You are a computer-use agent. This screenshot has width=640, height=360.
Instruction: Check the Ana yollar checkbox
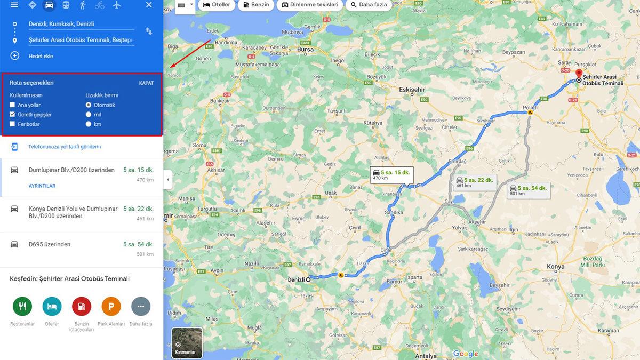tap(12, 105)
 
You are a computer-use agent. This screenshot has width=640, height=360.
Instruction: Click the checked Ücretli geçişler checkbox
tap(12, 115)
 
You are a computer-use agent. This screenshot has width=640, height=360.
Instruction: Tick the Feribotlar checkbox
tap(12, 124)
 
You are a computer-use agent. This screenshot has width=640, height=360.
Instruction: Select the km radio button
tap(89, 124)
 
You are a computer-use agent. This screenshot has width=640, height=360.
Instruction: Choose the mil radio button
tap(89, 115)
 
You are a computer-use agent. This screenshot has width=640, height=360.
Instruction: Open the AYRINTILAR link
tap(42, 186)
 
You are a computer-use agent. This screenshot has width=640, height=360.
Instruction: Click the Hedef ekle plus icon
tap(14, 56)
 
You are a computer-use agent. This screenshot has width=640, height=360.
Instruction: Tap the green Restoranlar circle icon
tap(22, 307)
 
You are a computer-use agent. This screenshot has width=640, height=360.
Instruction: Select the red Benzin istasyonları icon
tap(82, 307)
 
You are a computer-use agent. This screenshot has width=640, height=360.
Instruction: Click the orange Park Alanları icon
tap(111, 307)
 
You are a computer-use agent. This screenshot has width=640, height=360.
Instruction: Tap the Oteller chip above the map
tap(217, 5)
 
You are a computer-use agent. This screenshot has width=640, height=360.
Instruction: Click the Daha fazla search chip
tap(369, 5)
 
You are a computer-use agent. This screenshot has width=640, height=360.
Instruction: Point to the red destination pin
tap(579, 74)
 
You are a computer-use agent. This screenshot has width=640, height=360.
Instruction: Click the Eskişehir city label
tap(413, 90)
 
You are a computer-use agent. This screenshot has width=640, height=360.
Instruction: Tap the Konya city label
tap(555, 266)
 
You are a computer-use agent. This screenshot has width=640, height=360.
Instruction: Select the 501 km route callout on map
tap(528, 190)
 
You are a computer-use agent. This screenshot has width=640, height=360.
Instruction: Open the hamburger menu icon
tap(14, 5)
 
